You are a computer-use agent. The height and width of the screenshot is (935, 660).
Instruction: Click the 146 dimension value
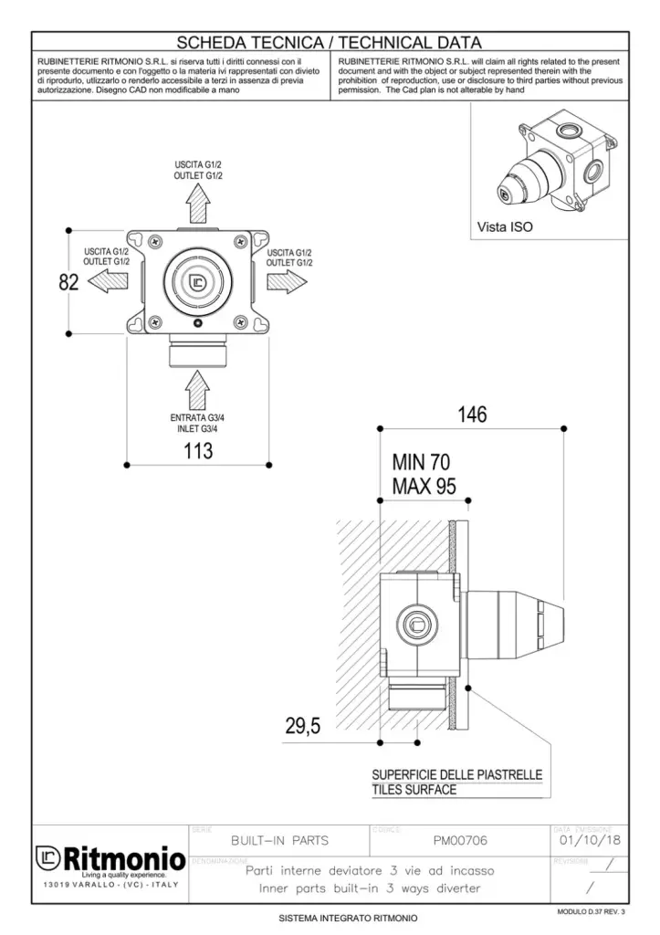pos(472,415)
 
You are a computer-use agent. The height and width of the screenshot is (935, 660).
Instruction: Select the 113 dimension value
pos(197,450)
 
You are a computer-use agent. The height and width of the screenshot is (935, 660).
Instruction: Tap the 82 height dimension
pos(69,282)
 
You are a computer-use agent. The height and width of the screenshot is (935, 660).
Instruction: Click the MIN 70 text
pos(421,462)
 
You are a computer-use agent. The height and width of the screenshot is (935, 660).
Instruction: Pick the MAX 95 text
pos(423,486)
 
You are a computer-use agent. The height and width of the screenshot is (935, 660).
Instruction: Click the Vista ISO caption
pos(505,226)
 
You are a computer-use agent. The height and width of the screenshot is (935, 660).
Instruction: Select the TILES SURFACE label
pos(414,790)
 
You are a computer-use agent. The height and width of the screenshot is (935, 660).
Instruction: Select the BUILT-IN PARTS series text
pos(279,840)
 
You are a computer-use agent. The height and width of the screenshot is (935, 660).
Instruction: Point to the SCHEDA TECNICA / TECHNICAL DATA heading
pos(330,42)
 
